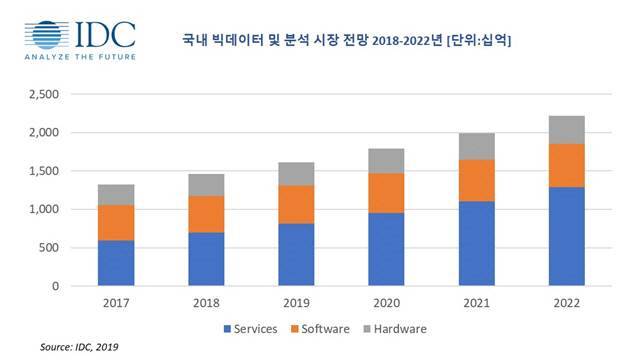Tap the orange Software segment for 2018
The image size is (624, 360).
point(206,214)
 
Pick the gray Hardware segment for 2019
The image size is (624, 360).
point(296,174)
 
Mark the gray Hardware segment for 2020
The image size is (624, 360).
point(386,161)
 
